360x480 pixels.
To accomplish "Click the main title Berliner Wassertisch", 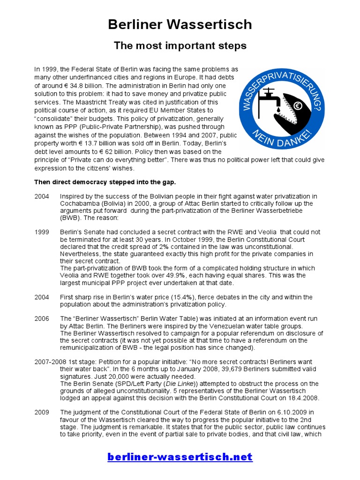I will click(x=180, y=24).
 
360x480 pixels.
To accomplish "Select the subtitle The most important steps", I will click(x=180, y=46).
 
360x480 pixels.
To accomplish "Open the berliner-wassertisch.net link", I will click(x=180, y=457).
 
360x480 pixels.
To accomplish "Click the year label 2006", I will click(x=41, y=319).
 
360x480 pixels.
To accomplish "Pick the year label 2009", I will click(x=41, y=412).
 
